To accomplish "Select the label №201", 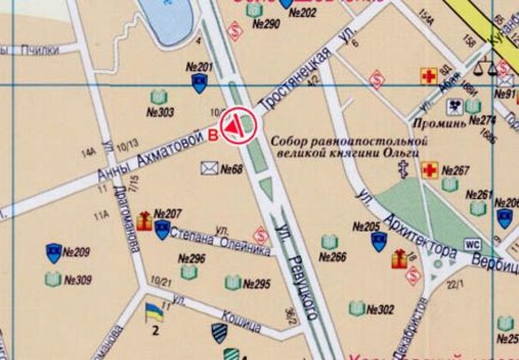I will (200, 66).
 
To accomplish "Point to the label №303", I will (160, 112).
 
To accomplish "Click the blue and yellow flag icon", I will (153, 310).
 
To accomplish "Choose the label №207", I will (167, 213).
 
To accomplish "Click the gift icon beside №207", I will (144, 222).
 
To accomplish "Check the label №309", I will (78, 280).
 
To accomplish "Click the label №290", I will (267, 23).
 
